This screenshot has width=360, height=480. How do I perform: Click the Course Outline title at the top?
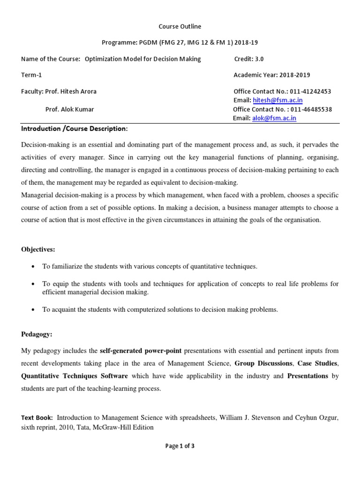[180, 27]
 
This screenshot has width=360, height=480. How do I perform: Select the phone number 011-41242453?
[311, 91]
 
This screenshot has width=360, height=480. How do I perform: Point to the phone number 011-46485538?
[311, 110]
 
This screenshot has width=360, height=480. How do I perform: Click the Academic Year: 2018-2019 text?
[271, 75]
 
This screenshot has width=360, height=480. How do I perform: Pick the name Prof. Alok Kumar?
[69, 110]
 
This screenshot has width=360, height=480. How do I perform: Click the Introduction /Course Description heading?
[74, 129]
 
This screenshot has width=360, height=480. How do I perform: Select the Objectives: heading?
[38, 249]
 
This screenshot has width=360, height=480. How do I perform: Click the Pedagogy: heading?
[37, 334]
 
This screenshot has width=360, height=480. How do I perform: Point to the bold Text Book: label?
[37, 418]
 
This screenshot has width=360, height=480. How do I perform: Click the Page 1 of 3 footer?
[180, 446]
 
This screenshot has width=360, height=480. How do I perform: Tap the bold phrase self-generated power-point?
[141, 351]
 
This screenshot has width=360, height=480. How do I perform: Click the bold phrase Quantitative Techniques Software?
[75, 376]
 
